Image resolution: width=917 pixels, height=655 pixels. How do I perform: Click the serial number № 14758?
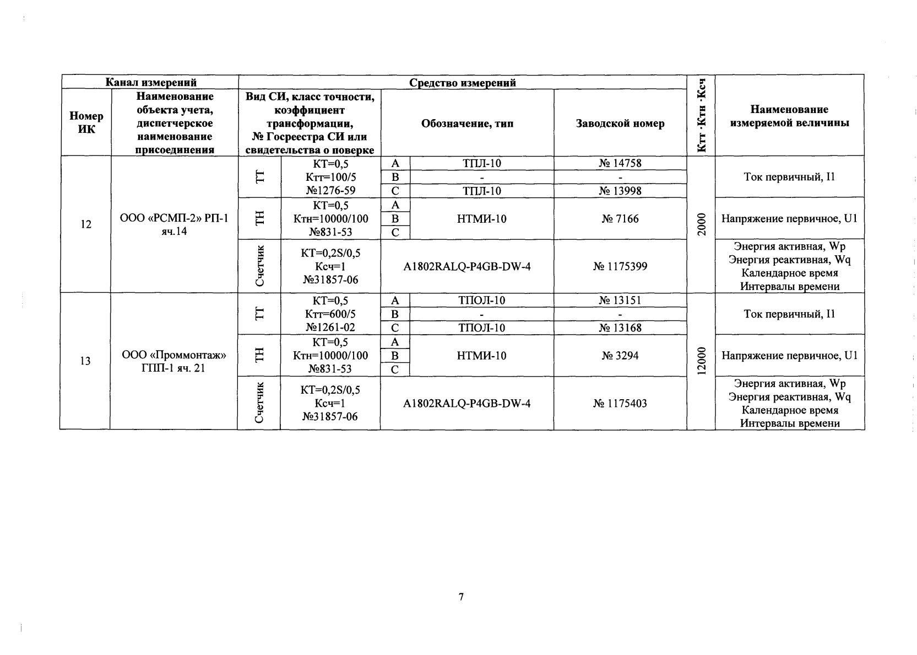pos(620,163)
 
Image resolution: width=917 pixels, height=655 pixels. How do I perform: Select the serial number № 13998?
pos(620,191)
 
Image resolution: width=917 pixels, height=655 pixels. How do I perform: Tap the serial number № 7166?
pos(620,219)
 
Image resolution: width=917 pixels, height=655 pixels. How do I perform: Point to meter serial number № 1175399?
pos(620,267)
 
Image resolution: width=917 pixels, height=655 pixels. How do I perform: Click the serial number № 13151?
pos(620,300)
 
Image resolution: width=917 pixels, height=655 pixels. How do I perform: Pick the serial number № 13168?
pos(620,328)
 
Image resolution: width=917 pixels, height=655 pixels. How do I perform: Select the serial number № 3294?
pos(620,356)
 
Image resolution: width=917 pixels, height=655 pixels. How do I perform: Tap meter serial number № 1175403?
pos(620,404)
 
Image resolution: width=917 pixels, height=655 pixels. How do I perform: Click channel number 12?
pos(86,225)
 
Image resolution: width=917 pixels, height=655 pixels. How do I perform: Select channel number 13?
pos(85,362)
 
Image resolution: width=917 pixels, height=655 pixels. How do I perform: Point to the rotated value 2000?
pos(701,225)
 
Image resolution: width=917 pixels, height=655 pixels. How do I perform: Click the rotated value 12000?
pos(701,362)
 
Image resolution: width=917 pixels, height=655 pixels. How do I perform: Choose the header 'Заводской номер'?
pos(620,124)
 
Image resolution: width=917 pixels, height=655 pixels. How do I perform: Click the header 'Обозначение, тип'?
pos(467,124)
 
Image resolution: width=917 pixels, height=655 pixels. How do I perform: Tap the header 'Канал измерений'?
pos(151,83)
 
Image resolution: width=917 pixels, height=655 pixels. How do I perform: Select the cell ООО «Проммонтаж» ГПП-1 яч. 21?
pos(174,361)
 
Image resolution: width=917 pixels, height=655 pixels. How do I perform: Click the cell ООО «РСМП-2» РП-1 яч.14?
pos(174,225)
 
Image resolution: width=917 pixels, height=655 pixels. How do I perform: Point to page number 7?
pos(461,597)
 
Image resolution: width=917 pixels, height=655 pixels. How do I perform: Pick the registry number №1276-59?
pos(330,191)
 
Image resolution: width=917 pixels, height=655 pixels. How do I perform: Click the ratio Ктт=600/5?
pos(330,314)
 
